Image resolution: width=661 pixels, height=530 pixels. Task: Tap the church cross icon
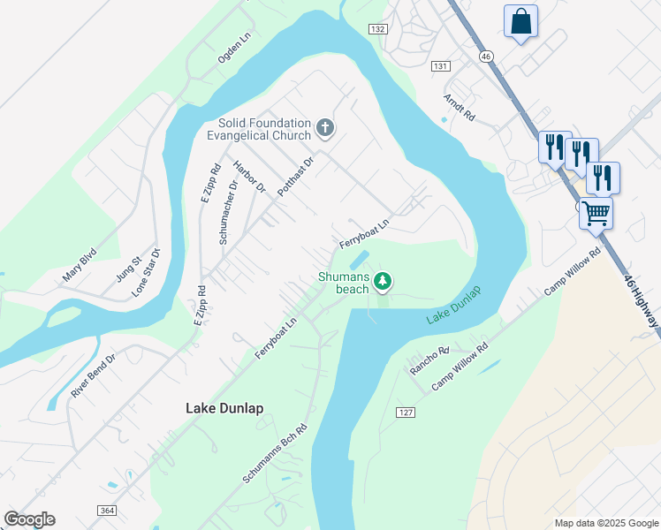point(325,129)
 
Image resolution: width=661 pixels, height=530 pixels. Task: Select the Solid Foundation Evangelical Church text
point(259,129)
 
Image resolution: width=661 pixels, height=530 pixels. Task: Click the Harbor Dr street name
point(249,177)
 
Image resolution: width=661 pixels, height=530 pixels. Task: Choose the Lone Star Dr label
point(147,271)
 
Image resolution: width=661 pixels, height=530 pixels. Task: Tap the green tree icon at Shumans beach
point(383,282)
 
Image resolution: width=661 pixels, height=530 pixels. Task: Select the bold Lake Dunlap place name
point(224,408)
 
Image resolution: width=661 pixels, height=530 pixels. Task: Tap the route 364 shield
point(106,511)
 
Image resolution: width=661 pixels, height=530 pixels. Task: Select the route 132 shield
point(378,29)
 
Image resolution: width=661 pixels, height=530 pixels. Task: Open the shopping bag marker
point(520,21)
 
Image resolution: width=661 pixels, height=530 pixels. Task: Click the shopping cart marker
point(596,212)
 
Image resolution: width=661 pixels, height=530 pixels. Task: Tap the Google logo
point(29,519)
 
